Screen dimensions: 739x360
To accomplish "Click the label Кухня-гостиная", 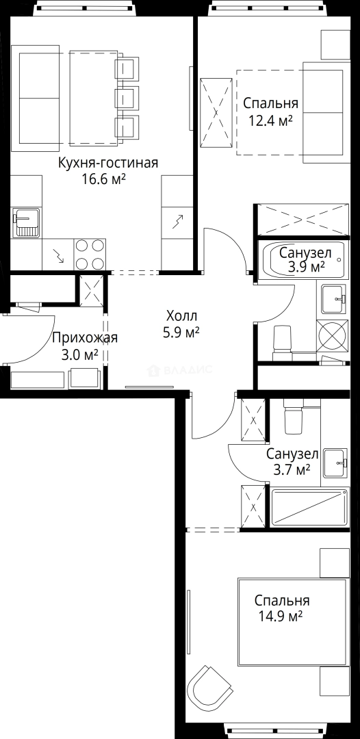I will [108, 163].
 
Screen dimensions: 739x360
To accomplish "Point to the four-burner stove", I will [90, 255].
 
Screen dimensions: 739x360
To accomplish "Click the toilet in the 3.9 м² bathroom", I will [282, 338].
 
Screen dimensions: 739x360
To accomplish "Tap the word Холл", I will [181, 316].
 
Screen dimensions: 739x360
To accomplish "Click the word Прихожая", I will [85, 337].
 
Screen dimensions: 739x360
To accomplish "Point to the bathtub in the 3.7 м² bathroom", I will [309, 507].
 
